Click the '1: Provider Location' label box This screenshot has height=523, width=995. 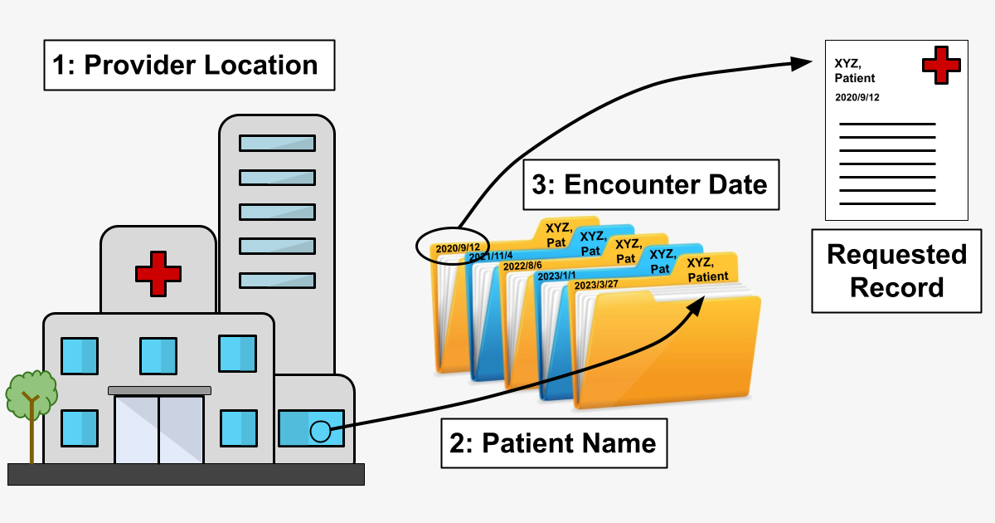click(x=189, y=66)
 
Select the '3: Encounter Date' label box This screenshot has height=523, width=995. click(x=651, y=184)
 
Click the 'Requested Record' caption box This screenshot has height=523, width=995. click(x=897, y=271)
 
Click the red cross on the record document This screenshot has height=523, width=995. click(x=941, y=65)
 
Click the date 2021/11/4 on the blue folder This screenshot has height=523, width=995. click(x=491, y=257)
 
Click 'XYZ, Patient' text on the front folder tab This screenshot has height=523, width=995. click(x=707, y=270)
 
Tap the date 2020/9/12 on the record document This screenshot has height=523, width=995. click(x=857, y=97)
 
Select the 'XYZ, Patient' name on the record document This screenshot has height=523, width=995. click(x=855, y=71)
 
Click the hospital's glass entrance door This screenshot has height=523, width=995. click(x=158, y=429)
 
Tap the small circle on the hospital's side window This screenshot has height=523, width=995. click(x=319, y=431)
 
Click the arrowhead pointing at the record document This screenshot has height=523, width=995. click(x=802, y=63)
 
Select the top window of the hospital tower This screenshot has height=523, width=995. click(x=277, y=143)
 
